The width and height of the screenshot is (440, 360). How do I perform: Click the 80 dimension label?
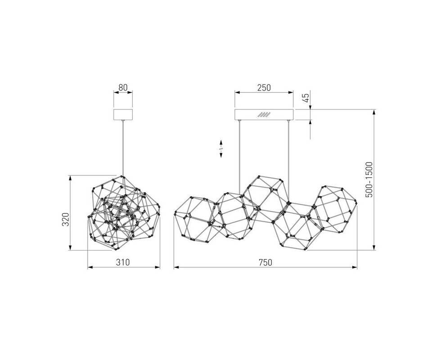[x=123, y=88]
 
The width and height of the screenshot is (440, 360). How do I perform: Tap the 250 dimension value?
[x=264, y=88]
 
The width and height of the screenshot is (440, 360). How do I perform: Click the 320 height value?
[x=65, y=220]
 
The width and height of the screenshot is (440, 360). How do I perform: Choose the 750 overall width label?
[x=265, y=262]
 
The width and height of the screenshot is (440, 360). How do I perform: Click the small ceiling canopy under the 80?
[x=123, y=115]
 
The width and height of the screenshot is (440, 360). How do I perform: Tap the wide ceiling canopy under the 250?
[x=264, y=115]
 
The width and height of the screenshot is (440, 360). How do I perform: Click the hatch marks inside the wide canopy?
[x=265, y=115]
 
